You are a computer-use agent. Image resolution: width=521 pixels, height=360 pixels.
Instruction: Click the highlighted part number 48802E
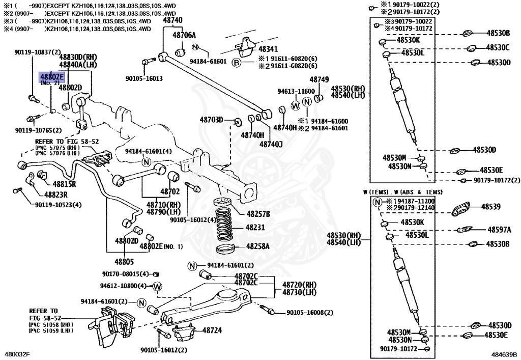(x=52, y=77)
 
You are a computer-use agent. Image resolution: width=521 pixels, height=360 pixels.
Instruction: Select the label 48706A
(x=184, y=35)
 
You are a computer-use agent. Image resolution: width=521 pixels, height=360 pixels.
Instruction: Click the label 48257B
(x=258, y=213)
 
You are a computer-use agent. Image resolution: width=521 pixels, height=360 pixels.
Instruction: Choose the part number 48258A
(x=258, y=246)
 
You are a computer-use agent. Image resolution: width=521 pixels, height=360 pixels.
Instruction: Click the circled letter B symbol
(x=236, y=63)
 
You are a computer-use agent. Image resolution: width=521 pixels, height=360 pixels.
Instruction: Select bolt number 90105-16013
(x=144, y=78)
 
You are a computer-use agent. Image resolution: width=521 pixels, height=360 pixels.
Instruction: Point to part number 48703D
(x=211, y=120)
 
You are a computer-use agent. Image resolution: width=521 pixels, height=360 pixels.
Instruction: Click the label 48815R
(x=59, y=184)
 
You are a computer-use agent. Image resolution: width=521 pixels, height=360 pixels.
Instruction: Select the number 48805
(x=124, y=262)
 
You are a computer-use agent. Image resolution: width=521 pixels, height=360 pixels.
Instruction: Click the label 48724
(x=212, y=330)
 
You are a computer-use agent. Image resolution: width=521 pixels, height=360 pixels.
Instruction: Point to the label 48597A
(x=499, y=230)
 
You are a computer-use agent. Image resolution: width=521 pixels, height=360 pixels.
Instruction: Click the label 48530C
(x=498, y=47)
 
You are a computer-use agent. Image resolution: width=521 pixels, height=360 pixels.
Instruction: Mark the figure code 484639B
(x=504, y=353)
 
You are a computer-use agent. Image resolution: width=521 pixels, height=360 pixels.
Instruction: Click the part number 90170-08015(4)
(x=125, y=273)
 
